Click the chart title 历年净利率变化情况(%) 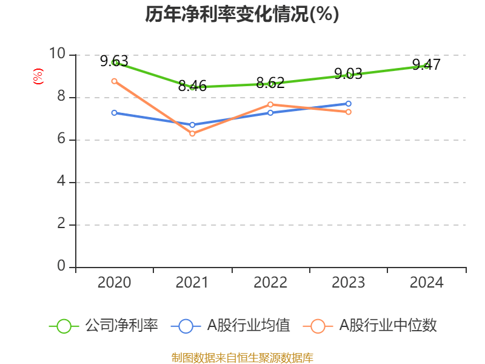pos(242,15)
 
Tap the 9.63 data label pos(115,61)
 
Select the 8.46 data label pos(192,86)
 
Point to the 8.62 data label pos(270,83)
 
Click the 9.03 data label pos(349,74)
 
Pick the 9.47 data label pos(426,64)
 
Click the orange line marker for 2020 pos(115,81)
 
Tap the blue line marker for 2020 pos(115,112)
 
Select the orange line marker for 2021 pos(192,133)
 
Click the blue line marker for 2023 pos(349,103)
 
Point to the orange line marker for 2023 pos(349,112)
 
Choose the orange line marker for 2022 pos(270,104)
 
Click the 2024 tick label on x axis pos(426,282)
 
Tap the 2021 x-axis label pos(192,282)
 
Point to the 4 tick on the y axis pos(61,182)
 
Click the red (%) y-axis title pos(38,76)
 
